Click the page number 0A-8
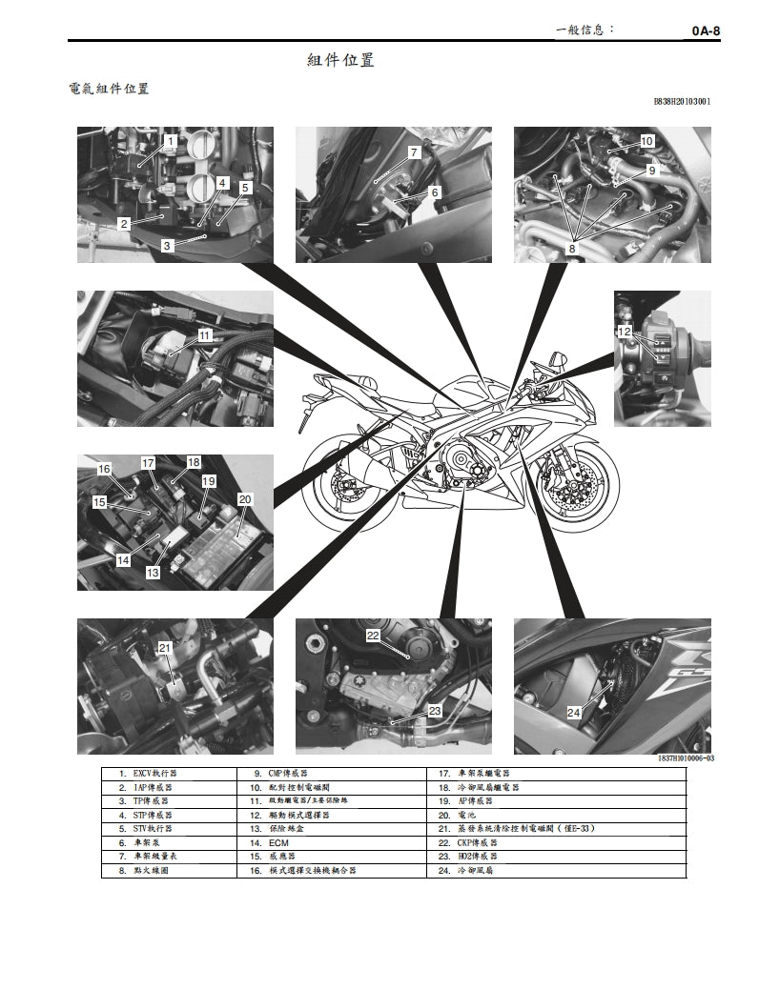705,30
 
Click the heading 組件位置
340,60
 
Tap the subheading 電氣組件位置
109,90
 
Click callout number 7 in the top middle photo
414,152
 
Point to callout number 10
646,141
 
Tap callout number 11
204,335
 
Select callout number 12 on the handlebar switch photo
625,332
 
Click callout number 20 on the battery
244,498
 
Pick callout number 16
104,469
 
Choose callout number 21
164,648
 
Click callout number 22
373,635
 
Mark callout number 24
573,712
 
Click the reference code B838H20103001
682,101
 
